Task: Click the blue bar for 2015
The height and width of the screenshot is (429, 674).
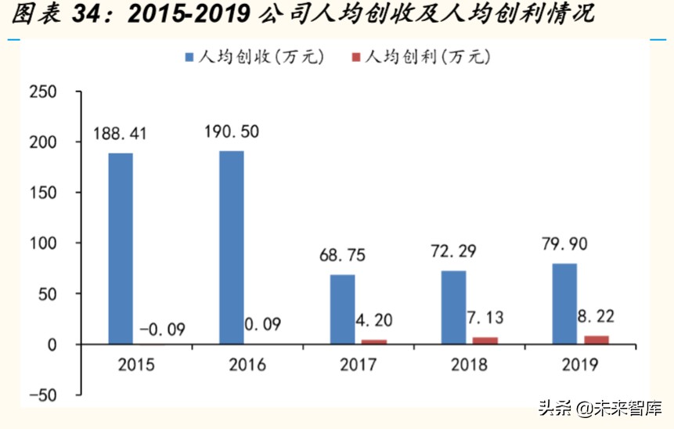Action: (121, 248)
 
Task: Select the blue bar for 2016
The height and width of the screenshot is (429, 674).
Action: (232, 247)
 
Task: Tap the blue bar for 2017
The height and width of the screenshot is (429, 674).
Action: (342, 309)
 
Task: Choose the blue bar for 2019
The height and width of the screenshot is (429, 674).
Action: (564, 304)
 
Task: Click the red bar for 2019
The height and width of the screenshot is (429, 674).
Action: (596, 340)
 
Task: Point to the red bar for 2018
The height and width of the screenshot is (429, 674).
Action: (485, 341)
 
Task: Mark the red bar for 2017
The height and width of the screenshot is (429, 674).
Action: (373, 342)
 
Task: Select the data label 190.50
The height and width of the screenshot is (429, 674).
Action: (231, 131)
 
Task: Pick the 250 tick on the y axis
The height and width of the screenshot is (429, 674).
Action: (43, 92)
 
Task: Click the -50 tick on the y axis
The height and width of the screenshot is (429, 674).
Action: (43, 395)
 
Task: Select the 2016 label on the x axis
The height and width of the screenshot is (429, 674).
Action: (247, 365)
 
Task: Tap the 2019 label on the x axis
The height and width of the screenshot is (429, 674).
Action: (580, 365)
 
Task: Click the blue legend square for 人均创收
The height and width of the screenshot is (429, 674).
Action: (190, 57)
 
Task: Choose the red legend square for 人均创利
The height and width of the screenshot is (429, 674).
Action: (357, 57)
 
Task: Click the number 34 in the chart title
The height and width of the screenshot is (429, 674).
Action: (84, 13)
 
